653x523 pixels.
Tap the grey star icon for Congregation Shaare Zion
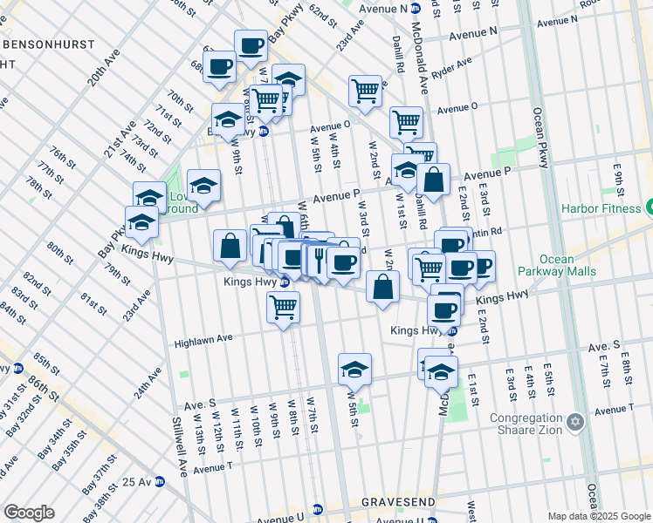(574, 422)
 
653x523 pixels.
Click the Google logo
(30, 513)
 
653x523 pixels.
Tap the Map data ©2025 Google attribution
(599, 516)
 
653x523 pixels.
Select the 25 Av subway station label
(137, 481)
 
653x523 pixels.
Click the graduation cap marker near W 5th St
(354, 370)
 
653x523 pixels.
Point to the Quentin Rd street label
(487, 233)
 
